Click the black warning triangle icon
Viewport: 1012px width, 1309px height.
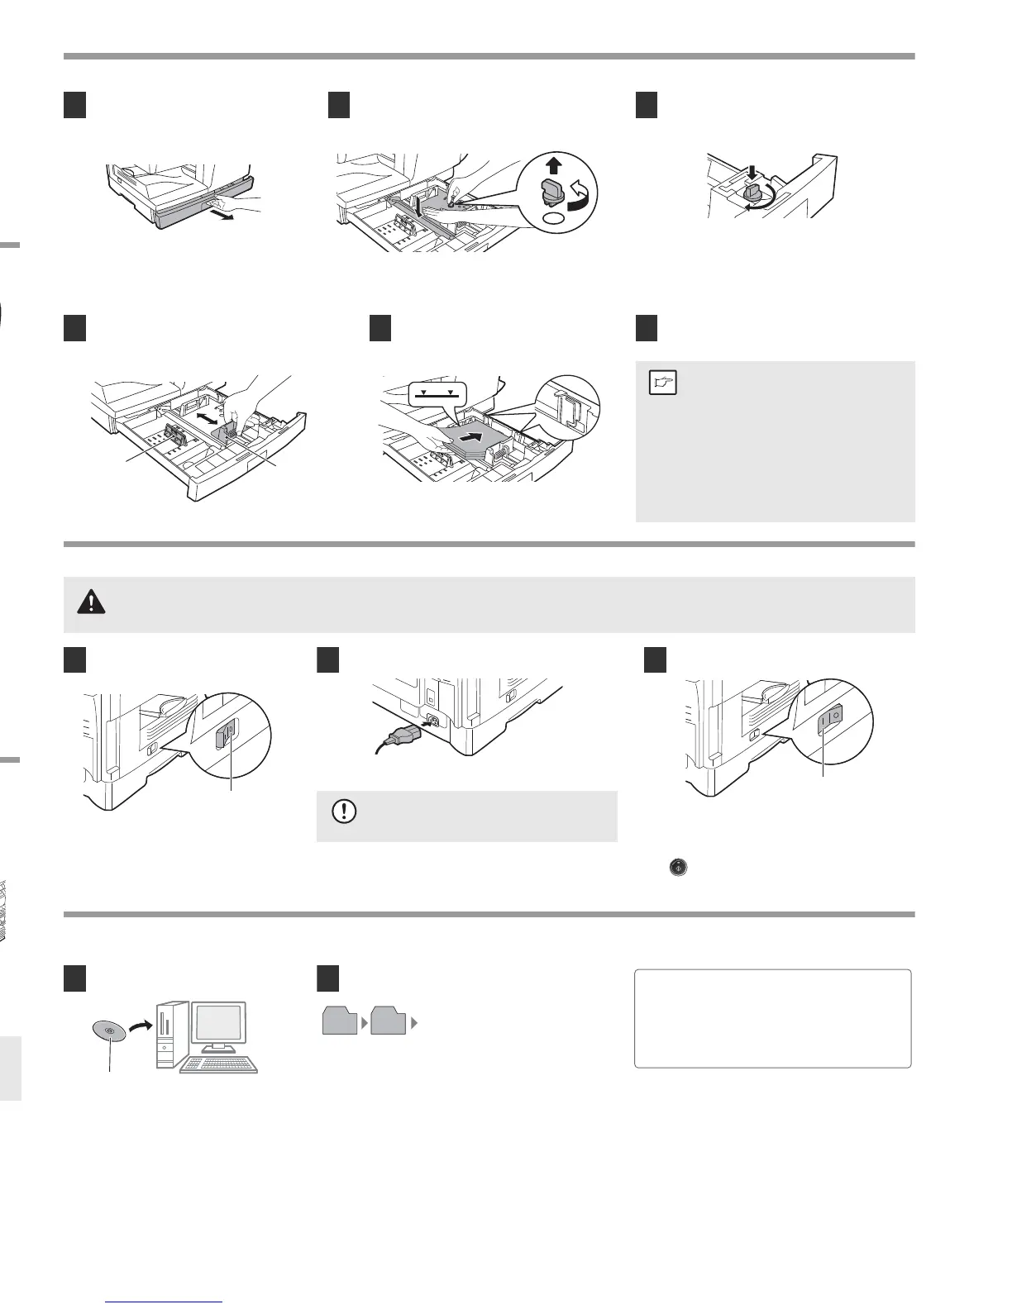click(91, 603)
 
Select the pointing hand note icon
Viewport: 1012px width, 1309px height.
click(663, 383)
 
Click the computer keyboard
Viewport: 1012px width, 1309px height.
click(220, 1064)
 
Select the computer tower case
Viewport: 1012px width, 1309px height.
click(168, 1033)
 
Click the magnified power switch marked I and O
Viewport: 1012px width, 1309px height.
click(829, 722)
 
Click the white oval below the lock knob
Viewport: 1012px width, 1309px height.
click(555, 219)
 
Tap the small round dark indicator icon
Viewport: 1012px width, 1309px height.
click(678, 868)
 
